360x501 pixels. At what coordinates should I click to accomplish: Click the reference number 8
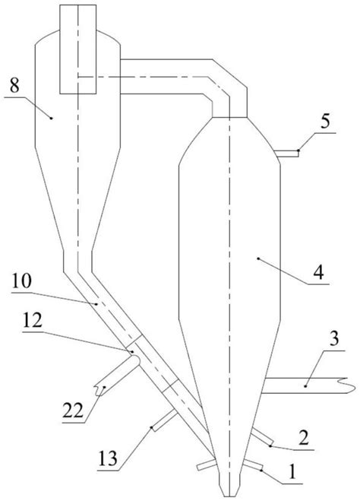pos(14,86)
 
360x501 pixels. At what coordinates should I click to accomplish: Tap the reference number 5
pos(325,122)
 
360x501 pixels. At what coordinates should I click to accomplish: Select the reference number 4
pos(318,273)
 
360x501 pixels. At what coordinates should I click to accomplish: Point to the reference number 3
pos(334,339)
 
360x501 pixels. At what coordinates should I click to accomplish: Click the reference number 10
pos(22,281)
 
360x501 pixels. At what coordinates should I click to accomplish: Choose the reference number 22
pos(73,411)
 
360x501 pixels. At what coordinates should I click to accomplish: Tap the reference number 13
pos(108,459)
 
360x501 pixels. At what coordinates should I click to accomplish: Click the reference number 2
pos(303,438)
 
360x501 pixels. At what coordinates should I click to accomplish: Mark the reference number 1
pos(292,472)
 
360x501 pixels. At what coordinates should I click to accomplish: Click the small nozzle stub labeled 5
pos(287,154)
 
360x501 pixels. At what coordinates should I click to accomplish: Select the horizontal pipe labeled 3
pos(308,385)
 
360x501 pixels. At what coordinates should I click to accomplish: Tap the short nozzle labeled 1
pos(253,465)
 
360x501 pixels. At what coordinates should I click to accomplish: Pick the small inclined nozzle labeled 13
pos(165,420)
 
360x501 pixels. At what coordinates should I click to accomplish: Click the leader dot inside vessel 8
pos(52,119)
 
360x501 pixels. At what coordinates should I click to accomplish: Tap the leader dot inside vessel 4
pos(258,258)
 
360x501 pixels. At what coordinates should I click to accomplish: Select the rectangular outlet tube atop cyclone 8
pos(78,49)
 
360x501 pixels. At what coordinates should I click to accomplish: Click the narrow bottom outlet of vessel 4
pos(229,485)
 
